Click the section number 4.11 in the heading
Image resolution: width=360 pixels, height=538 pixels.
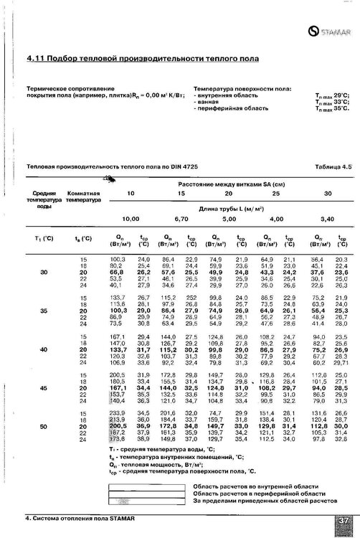[x=36, y=57]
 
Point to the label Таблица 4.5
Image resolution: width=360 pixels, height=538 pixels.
[x=332, y=166]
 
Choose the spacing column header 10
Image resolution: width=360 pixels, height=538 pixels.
[x=131, y=194]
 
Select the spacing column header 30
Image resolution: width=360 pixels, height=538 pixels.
[x=328, y=194]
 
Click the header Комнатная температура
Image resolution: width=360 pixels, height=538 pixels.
[x=82, y=199]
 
